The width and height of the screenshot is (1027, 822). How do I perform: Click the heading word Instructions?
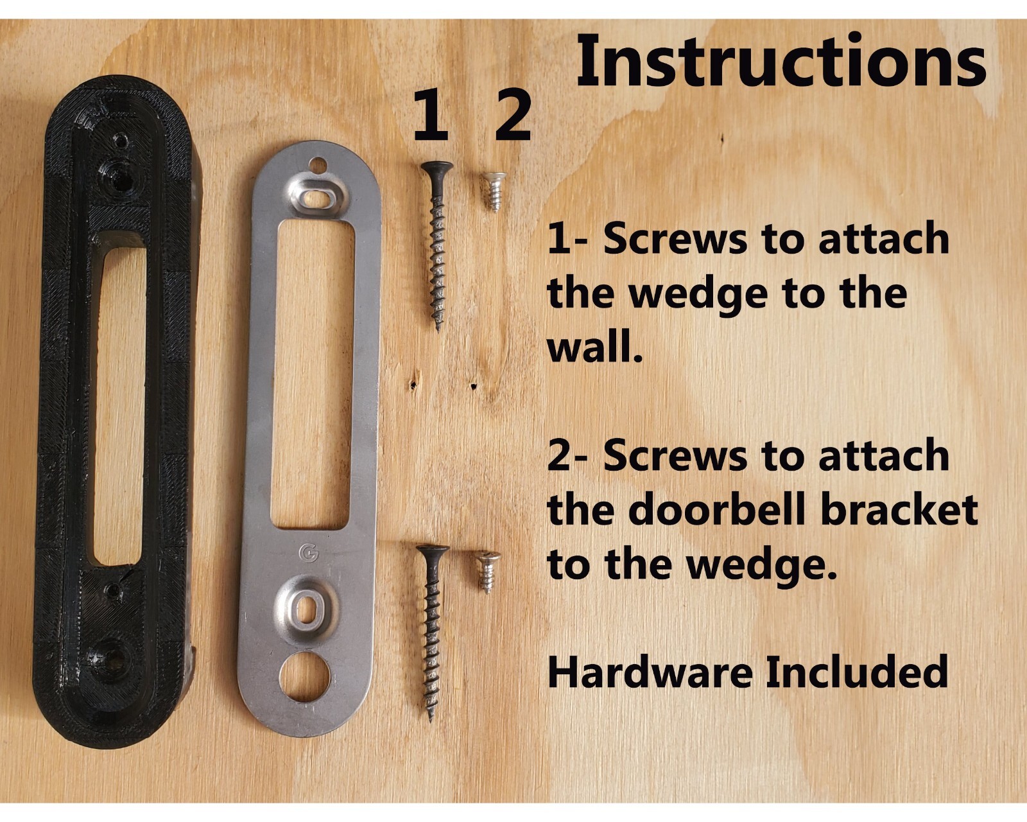click(781, 60)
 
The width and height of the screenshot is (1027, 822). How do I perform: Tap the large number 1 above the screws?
click(431, 115)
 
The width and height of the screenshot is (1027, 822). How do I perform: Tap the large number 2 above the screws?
click(513, 115)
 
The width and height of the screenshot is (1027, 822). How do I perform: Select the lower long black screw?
click(433, 633)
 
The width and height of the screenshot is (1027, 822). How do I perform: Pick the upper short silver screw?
click(494, 191)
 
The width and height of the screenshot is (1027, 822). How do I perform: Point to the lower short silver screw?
click(487, 572)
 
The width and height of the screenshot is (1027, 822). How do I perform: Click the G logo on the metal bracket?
click(309, 552)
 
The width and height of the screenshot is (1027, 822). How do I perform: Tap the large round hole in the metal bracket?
click(305, 677)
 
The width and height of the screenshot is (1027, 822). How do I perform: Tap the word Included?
click(857, 672)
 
